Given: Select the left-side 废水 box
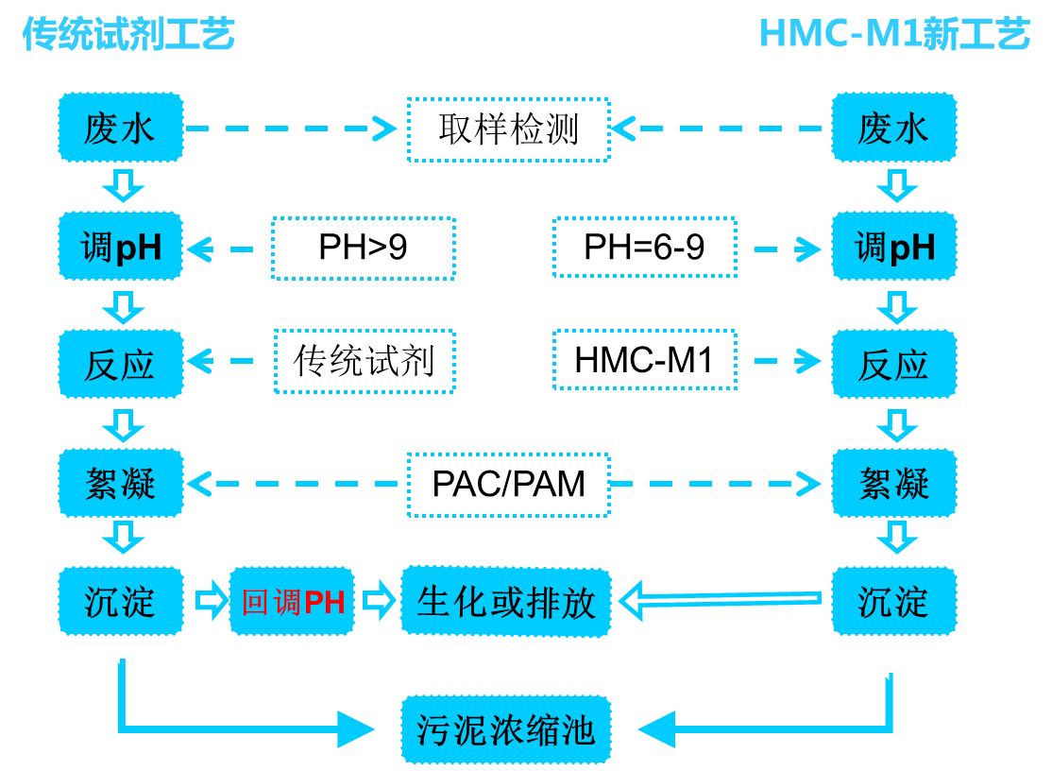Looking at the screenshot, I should point(121,128).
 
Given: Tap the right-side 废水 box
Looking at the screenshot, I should point(893,128).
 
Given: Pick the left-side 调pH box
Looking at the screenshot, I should point(121,247).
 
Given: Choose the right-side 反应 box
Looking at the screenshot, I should point(893,365).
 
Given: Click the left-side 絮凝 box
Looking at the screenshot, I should point(121,484).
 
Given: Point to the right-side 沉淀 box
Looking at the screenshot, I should point(893,602).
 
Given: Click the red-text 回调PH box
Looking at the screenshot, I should point(292,602).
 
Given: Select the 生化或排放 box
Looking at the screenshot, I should point(506,602).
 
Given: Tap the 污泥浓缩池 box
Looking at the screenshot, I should point(506,729).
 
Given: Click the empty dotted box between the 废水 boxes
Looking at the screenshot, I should point(508,129).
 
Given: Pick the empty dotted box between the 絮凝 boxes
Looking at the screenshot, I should point(508,485).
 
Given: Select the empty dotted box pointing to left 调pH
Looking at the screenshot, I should point(364,248).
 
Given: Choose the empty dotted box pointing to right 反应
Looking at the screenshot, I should point(645,360).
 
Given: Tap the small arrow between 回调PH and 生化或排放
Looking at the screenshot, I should point(378,601).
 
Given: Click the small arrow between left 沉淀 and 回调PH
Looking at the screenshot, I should point(211,601).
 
